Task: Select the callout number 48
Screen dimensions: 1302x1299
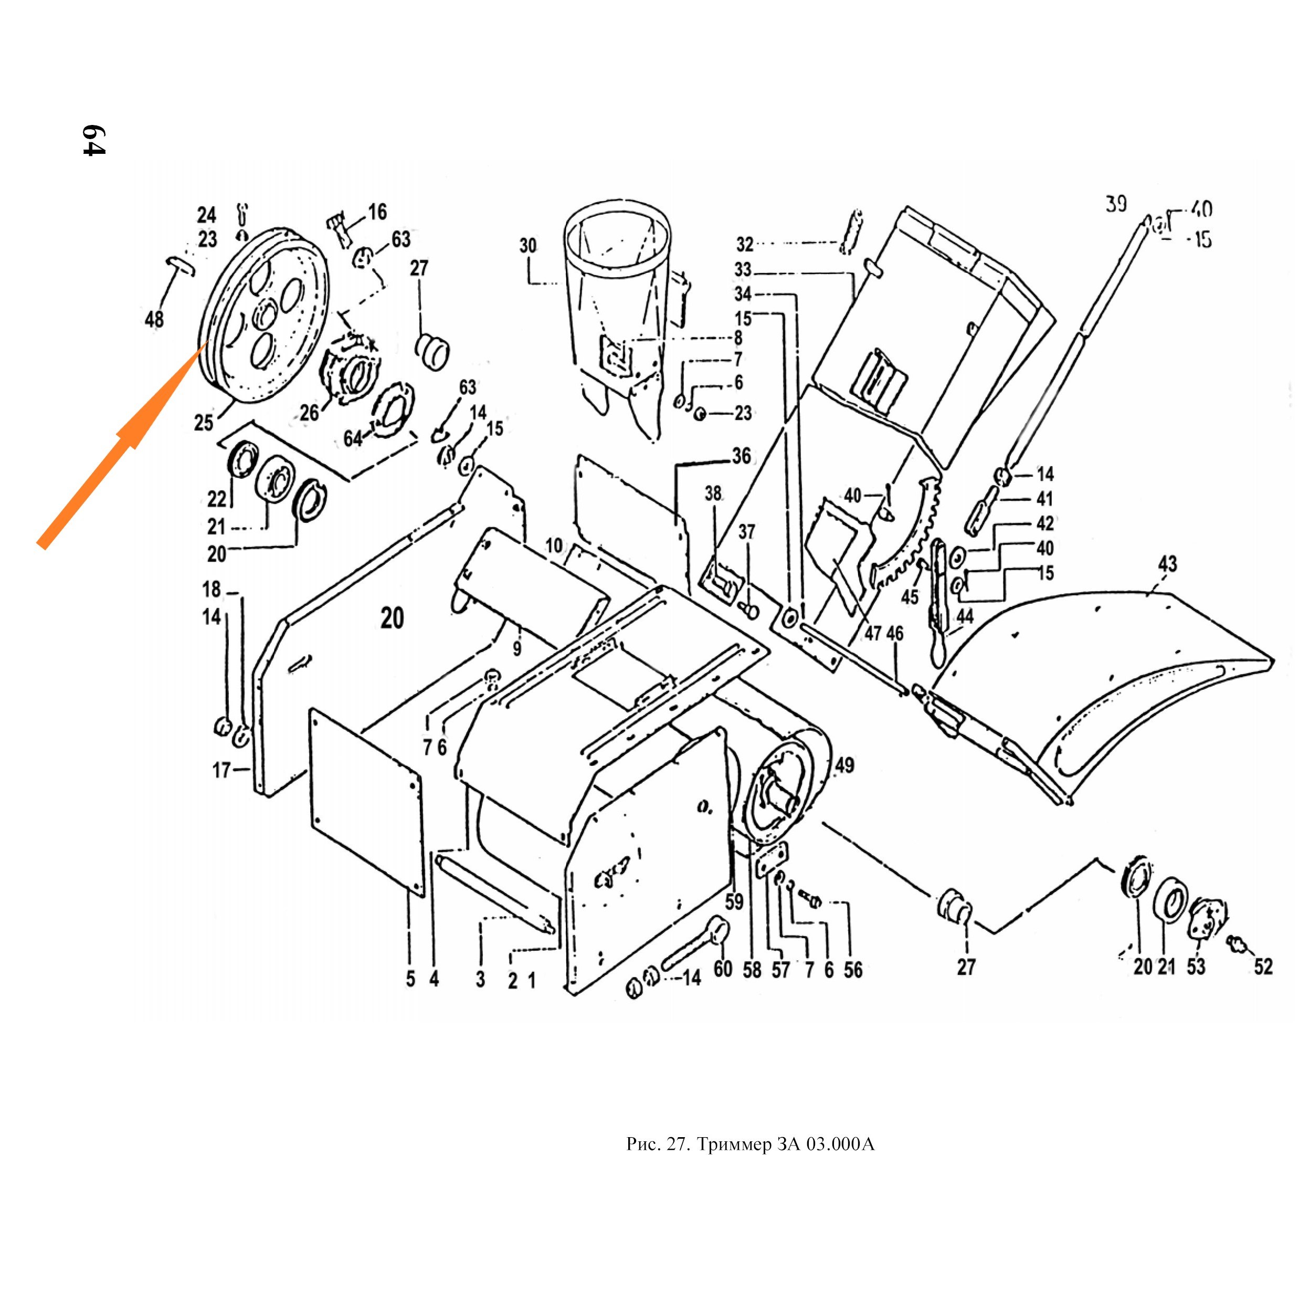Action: tap(154, 319)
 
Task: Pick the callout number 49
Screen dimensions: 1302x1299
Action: tap(844, 765)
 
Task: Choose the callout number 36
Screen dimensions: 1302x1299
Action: tap(741, 456)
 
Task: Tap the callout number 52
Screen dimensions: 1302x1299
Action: tap(1263, 967)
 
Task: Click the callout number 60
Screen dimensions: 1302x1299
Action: tap(723, 969)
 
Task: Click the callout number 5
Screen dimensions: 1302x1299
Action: tap(410, 979)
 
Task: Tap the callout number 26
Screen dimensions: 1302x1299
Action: tap(309, 413)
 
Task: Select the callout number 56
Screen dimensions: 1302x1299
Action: tap(853, 969)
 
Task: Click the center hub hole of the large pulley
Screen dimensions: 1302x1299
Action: tap(265, 314)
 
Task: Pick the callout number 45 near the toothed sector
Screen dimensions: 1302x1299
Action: tap(910, 596)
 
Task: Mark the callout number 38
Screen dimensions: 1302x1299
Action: tap(713, 493)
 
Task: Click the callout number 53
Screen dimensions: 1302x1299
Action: tap(1196, 967)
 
